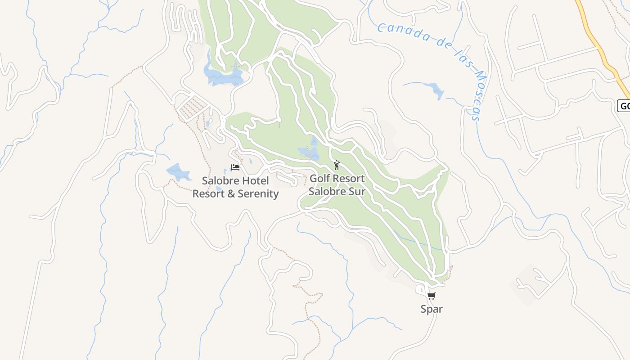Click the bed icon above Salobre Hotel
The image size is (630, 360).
coord(235,167)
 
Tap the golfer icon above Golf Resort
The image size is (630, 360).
coord(336,165)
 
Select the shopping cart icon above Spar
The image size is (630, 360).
coord(432,296)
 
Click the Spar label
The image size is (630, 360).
coord(432,309)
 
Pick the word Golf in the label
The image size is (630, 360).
coord(319,179)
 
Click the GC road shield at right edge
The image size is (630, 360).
coord(624,106)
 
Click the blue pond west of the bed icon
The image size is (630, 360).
coord(179,172)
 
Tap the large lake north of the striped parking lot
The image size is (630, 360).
coord(223,75)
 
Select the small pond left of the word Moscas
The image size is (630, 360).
coord(436,90)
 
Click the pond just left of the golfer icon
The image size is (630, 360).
coord(309,152)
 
